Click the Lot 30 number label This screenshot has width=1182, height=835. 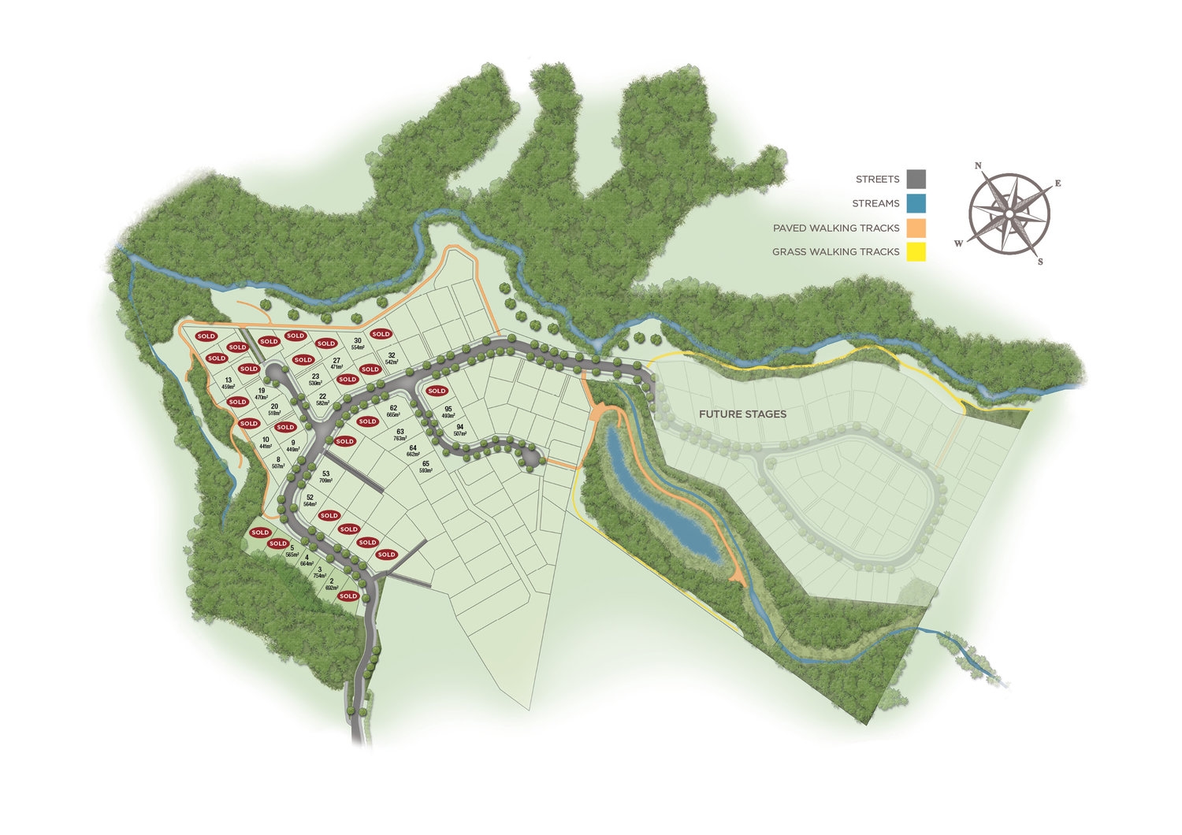pos(358,340)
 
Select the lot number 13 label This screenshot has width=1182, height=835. pos(229,380)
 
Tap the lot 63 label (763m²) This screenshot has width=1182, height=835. pos(400,432)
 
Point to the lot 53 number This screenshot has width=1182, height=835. pos(325,473)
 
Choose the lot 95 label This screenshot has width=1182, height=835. pos(448,409)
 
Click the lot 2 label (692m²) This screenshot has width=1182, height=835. pos(332,581)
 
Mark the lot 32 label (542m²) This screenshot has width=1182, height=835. pos(391,355)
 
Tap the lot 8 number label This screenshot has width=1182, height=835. pos(278,459)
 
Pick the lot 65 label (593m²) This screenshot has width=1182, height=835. pos(426,464)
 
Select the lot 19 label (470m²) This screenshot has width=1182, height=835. pos(262,390)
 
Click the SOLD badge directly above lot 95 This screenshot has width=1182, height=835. pos(437,391)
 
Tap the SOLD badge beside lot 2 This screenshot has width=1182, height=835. pos(348,596)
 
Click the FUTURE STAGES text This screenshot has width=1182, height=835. pos(743,414)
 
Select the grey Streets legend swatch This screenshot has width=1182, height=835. pos(916,179)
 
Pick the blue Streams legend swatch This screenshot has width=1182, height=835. pos(916,203)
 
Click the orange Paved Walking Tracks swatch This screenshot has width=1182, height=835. pos(916,228)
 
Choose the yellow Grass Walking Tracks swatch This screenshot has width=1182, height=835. pos(916,252)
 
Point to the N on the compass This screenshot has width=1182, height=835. pos(978,165)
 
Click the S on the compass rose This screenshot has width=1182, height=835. pos(1040,262)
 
